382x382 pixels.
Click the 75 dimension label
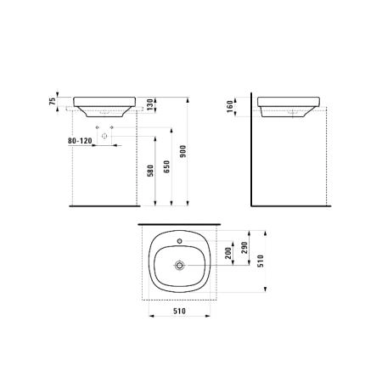(x=53, y=101)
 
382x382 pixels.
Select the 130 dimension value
(x=149, y=104)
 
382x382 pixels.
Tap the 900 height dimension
(x=183, y=151)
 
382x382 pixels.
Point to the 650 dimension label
(x=167, y=166)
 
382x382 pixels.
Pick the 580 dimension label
(x=150, y=171)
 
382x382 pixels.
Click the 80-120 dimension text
(x=80, y=141)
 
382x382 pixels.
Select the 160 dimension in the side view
(x=230, y=106)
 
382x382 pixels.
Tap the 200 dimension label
(x=228, y=253)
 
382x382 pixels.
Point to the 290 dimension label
(x=244, y=248)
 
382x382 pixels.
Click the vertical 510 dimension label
(x=261, y=261)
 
